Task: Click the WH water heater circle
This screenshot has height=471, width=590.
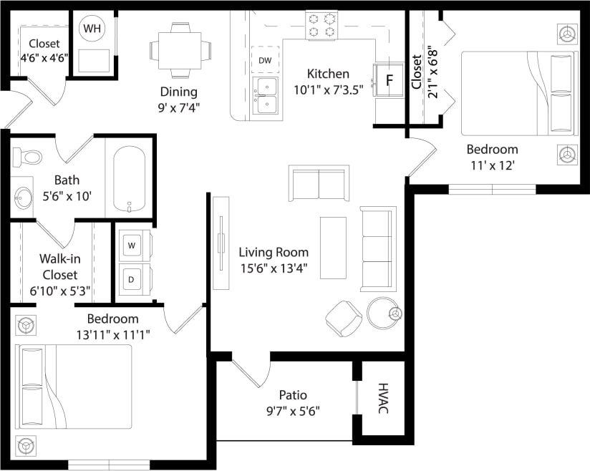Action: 92,29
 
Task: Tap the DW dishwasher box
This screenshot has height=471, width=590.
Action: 265,61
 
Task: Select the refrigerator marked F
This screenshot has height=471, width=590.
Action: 390,79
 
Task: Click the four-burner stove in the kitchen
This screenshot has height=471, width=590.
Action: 321,25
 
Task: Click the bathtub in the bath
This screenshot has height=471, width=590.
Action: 129,179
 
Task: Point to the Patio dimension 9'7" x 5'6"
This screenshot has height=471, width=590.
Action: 293,411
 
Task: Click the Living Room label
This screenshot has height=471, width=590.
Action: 274,252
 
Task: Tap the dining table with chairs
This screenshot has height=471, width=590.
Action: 180,49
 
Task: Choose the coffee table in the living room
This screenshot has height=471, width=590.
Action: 332,248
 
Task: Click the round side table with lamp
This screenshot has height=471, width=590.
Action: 382,313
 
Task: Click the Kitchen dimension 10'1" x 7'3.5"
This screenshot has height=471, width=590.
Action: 328,89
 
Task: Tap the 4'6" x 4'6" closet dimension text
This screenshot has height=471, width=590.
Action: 43,59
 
